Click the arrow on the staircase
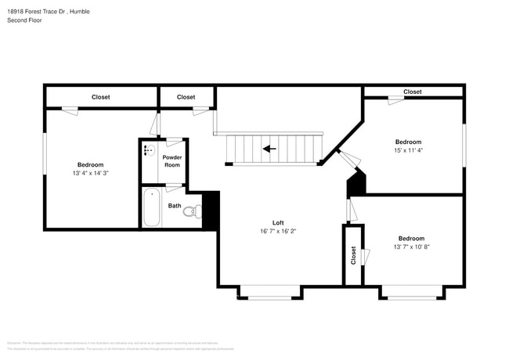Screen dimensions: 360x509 point(269,148)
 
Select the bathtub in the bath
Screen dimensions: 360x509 point(151,207)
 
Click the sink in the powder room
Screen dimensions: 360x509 point(150,149)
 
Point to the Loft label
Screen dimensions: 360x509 point(277,222)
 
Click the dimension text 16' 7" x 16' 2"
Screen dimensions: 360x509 point(277,232)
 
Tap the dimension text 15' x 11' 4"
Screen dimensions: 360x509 point(408,150)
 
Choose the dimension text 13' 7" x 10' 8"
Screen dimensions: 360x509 point(411,247)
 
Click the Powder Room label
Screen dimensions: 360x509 point(171,161)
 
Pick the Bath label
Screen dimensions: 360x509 point(174,206)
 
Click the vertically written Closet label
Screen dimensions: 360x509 point(353,255)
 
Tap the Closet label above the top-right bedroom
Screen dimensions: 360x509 point(413,92)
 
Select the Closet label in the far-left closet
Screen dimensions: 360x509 point(100,97)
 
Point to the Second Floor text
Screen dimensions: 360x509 point(24,20)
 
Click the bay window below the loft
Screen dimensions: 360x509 point(269,293)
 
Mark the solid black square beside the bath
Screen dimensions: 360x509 point(210,210)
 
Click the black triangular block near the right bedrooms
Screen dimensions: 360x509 point(357,184)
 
